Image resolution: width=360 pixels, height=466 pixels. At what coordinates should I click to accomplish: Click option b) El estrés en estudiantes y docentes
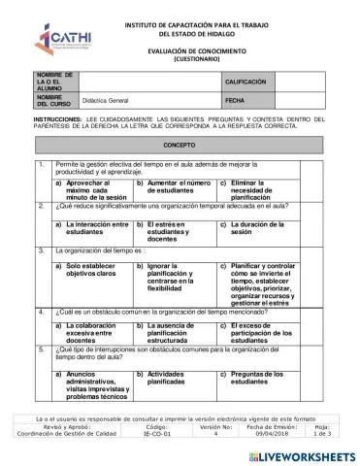pos(169,229)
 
